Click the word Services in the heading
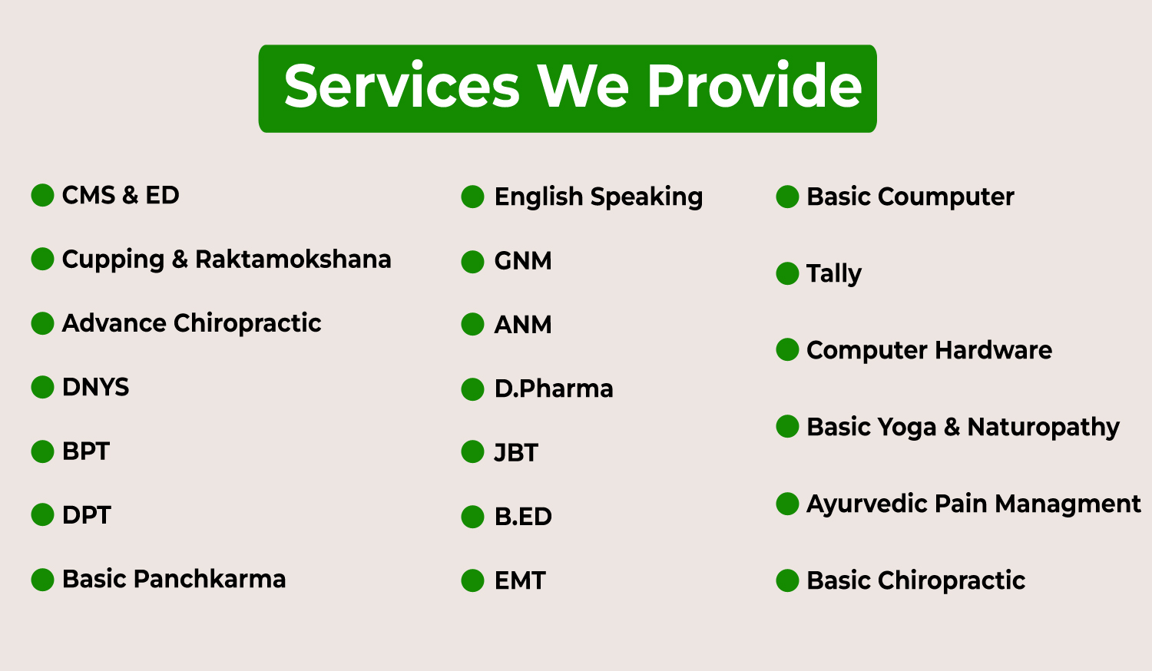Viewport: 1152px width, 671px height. [x=402, y=86]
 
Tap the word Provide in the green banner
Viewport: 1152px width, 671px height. [x=754, y=85]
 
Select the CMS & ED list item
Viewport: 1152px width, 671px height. [x=121, y=195]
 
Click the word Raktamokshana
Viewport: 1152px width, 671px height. [x=293, y=259]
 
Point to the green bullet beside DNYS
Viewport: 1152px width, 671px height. [x=43, y=387]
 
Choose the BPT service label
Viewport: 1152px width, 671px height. [x=86, y=451]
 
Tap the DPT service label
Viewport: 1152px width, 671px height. [x=86, y=515]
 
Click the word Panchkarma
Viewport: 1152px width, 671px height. [x=210, y=579]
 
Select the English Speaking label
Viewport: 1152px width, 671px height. [x=598, y=197]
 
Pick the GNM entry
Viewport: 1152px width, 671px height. [x=523, y=261]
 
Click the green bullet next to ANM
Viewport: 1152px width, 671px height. [x=472, y=325]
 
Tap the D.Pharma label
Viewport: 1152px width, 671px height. [x=554, y=388]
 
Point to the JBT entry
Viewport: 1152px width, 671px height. [x=516, y=453]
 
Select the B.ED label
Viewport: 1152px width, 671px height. [x=523, y=517]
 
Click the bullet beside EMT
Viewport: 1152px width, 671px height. [x=472, y=581]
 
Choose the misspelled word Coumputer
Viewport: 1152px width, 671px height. [x=945, y=197]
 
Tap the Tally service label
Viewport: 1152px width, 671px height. [x=833, y=273]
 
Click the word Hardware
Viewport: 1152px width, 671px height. [x=993, y=351]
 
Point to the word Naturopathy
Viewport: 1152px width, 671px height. [x=1043, y=428]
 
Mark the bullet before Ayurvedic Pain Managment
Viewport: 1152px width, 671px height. [x=787, y=504]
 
